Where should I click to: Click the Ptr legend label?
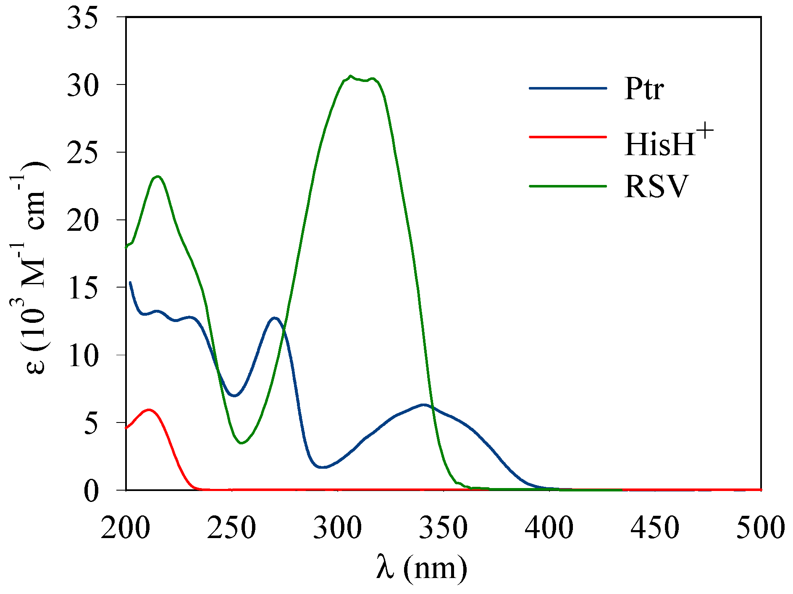click(644, 89)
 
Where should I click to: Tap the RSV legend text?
click(656, 186)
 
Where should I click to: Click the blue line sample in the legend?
click(568, 88)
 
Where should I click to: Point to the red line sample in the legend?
click(568, 137)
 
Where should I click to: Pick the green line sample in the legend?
click(568, 186)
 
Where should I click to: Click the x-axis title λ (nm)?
click(422, 568)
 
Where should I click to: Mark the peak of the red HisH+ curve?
click(148, 409)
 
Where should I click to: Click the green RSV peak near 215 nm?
click(158, 177)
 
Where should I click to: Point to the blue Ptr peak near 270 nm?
click(275, 318)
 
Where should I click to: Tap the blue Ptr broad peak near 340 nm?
click(423, 405)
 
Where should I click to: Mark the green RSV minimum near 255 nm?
click(242, 443)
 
